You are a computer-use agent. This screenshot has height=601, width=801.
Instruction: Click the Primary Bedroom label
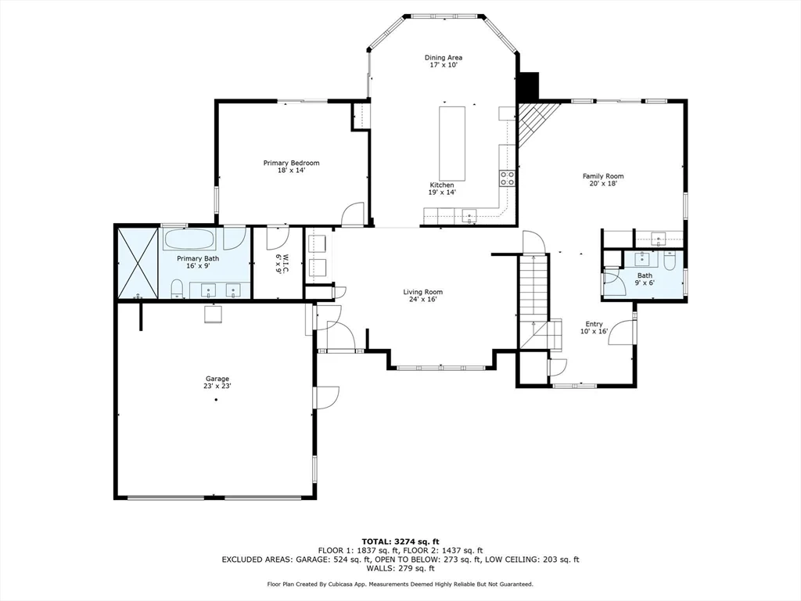[291, 163]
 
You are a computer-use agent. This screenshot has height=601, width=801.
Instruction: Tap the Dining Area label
[444, 58]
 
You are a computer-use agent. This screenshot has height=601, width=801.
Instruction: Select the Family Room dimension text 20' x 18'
[603, 185]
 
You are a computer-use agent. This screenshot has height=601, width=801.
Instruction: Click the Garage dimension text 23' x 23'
[217, 386]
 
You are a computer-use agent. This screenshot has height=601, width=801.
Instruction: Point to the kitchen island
[452, 143]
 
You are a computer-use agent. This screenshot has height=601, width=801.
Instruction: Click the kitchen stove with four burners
[507, 178]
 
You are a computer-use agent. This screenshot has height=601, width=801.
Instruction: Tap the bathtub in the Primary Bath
[192, 239]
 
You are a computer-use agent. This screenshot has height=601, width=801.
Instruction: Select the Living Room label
[423, 293]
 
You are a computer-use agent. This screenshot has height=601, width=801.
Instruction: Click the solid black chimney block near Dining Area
[530, 85]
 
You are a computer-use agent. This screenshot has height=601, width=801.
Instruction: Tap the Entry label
[594, 324]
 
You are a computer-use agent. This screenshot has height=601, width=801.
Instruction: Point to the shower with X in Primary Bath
[138, 262]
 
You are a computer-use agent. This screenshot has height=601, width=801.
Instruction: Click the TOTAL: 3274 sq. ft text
[400, 542]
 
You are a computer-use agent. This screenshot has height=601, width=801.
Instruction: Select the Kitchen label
[441, 185]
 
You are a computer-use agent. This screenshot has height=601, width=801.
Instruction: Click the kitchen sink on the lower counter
[469, 214]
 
